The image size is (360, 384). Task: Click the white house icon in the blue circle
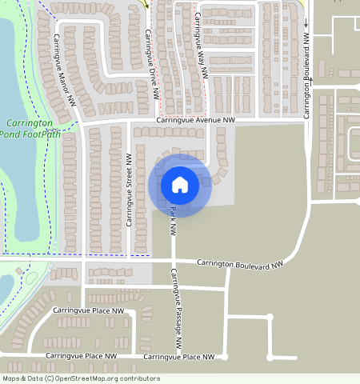(180, 185)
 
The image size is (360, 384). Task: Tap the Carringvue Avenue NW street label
(195, 120)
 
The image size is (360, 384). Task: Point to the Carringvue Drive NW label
(150, 64)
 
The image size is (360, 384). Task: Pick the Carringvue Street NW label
(128, 190)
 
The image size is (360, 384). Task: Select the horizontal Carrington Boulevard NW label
(241, 263)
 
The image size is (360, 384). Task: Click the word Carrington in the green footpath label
(29, 123)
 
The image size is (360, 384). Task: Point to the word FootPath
(42, 134)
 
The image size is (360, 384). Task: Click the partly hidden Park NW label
(172, 214)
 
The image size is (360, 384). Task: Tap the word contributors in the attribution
(141, 378)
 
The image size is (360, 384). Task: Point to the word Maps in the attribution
(12, 378)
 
